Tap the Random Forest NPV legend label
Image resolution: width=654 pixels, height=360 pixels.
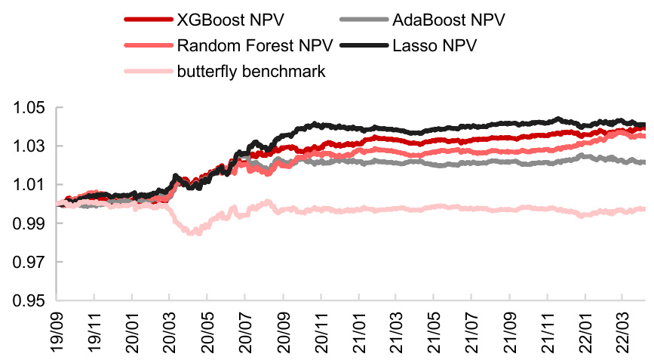[x=250, y=45]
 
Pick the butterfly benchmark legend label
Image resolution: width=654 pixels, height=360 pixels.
[x=251, y=72]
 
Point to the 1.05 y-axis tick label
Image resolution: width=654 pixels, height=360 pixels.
[x=29, y=108]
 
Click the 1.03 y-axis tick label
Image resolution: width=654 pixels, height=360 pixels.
[x=29, y=146]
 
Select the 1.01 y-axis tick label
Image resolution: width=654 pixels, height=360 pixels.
[x=29, y=185]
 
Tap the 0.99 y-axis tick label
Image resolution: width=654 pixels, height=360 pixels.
[x=29, y=223]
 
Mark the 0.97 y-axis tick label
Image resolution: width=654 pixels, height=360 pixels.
[x=29, y=262]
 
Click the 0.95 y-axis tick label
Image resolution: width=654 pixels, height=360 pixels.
[x=29, y=301]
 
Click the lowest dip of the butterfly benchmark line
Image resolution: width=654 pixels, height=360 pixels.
[x=195, y=233]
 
